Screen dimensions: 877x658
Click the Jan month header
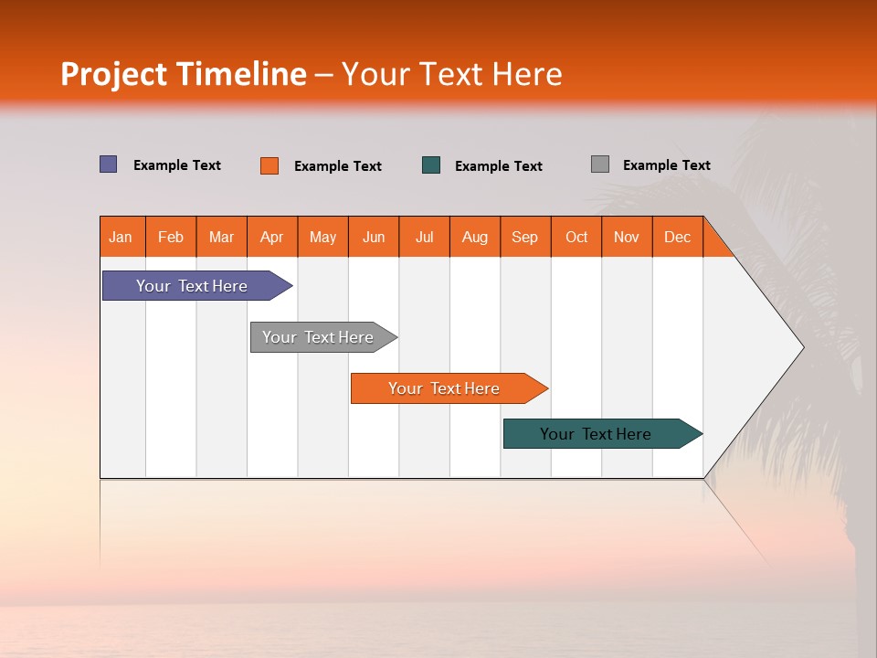point(122,237)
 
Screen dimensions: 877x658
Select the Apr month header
point(272,237)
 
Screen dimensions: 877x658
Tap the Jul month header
point(424,237)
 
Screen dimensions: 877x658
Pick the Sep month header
point(524,237)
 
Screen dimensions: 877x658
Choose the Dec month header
point(677,237)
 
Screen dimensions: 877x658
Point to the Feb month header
point(171,237)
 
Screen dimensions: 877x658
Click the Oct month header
point(576,237)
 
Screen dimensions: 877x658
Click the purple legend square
point(109,164)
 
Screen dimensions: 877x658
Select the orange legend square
point(269,165)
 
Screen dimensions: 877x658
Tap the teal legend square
point(431,165)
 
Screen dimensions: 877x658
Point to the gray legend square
point(600,164)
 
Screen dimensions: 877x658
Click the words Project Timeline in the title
point(184,74)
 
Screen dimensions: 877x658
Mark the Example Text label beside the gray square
point(666,165)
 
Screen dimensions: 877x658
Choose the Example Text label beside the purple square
point(177,165)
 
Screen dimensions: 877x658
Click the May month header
point(322,237)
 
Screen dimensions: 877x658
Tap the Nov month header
point(627,237)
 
